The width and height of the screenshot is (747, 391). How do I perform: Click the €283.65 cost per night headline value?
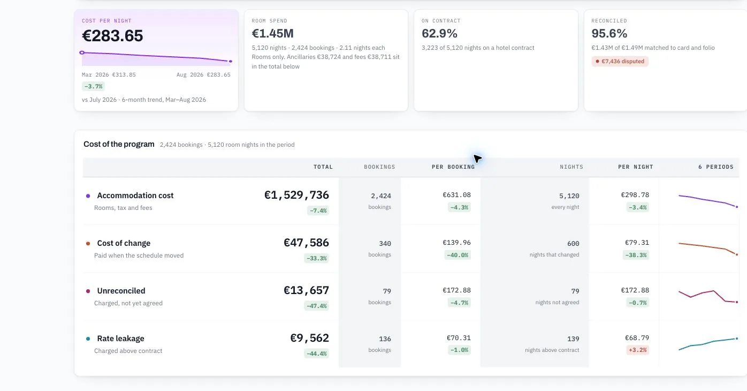(x=112, y=36)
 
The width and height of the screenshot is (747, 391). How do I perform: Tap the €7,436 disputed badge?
(x=620, y=61)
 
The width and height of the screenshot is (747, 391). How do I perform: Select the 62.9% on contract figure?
(x=439, y=33)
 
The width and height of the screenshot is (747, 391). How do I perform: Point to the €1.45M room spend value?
(x=272, y=33)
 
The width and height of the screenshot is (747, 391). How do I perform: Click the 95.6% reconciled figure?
(x=609, y=33)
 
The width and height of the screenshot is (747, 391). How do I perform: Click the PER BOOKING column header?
(x=453, y=167)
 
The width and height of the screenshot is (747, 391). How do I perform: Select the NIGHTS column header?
(x=571, y=167)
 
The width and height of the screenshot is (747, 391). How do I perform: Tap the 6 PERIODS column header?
(x=715, y=167)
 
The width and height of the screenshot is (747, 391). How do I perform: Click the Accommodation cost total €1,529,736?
(x=296, y=195)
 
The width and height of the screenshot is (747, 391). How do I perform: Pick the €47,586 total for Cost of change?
(x=306, y=243)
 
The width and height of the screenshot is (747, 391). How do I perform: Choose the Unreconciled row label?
(x=121, y=291)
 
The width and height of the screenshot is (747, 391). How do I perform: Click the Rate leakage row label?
(x=121, y=339)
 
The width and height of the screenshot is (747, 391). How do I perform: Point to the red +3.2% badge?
(x=637, y=350)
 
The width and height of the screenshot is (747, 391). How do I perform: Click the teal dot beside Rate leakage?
(x=88, y=339)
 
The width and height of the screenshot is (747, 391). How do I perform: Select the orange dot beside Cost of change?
(x=88, y=243)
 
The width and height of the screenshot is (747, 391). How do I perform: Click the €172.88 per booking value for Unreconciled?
(x=456, y=290)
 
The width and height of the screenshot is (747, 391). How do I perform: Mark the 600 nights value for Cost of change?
(x=573, y=244)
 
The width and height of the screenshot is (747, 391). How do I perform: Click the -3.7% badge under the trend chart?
(x=93, y=86)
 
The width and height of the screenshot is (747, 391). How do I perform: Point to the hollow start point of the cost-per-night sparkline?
(x=82, y=52)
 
